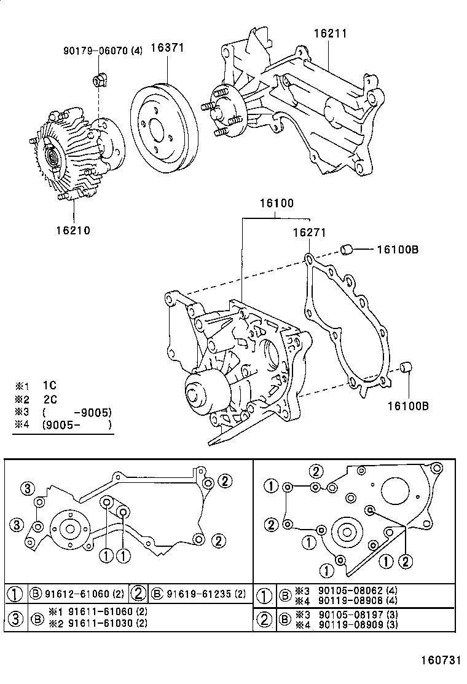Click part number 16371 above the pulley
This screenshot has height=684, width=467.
pos(169,47)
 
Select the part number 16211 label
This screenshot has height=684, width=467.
pos(331,34)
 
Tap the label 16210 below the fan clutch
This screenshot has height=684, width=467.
pos(74,231)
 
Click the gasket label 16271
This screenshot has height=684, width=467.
pos(308,233)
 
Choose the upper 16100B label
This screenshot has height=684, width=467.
pos(398,250)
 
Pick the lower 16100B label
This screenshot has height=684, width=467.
pos(408,405)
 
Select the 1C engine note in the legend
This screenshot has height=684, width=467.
pos(49,386)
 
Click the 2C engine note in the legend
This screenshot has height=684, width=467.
pos(49,399)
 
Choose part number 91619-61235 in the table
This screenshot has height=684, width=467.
pos(198,594)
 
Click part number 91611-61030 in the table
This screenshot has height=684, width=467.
pos(97,622)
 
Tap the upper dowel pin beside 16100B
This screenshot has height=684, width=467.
pos(347,249)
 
